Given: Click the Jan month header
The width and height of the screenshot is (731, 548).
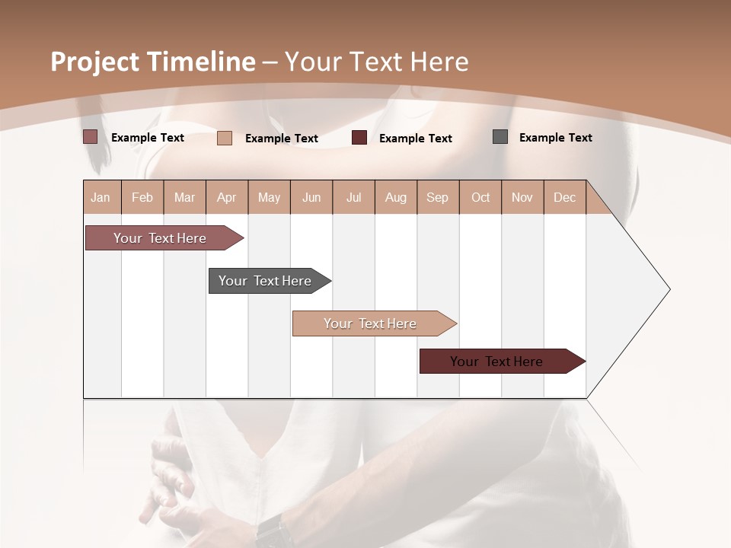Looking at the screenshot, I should click(x=101, y=197).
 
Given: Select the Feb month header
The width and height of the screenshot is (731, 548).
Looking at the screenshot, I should click(x=142, y=197).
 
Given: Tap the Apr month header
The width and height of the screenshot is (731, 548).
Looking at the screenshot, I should click(x=226, y=197).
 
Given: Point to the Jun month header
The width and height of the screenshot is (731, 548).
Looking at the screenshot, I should click(x=311, y=197).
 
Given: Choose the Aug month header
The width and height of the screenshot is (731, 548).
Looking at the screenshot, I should click(x=395, y=197).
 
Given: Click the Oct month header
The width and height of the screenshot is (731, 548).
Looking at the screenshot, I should click(x=480, y=197).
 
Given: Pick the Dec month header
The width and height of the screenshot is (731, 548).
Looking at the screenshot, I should click(x=564, y=197).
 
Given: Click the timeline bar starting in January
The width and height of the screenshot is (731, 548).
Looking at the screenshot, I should click(x=160, y=238).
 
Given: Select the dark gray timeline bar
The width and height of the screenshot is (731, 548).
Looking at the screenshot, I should click(x=265, y=281).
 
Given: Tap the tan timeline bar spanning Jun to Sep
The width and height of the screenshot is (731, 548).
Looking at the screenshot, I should click(x=370, y=323).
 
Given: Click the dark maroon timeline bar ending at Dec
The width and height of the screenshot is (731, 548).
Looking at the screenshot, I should click(x=496, y=362).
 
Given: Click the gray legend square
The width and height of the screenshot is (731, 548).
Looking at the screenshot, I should click(x=500, y=137).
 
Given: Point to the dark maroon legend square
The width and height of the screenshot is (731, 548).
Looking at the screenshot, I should click(x=359, y=138).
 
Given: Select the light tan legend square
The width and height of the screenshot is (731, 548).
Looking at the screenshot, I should click(x=225, y=138).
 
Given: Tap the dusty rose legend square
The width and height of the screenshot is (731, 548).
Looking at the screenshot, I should click(x=90, y=137).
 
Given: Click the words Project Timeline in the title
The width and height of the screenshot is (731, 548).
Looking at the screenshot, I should click(x=152, y=62).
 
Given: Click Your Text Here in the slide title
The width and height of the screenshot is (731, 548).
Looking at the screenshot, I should click(x=376, y=62).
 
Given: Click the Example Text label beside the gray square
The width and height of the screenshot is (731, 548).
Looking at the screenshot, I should click(x=555, y=138).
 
